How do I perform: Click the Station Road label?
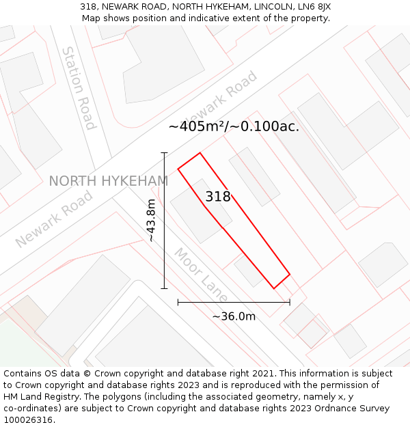[78, 87]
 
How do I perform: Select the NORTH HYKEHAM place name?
[108, 181]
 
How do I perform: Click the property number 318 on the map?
[218, 197]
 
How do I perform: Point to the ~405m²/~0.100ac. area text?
[234, 126]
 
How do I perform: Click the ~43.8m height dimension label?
[152, 220]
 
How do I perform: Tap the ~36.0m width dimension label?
[234, 316]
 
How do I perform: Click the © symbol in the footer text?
[88, 374]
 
